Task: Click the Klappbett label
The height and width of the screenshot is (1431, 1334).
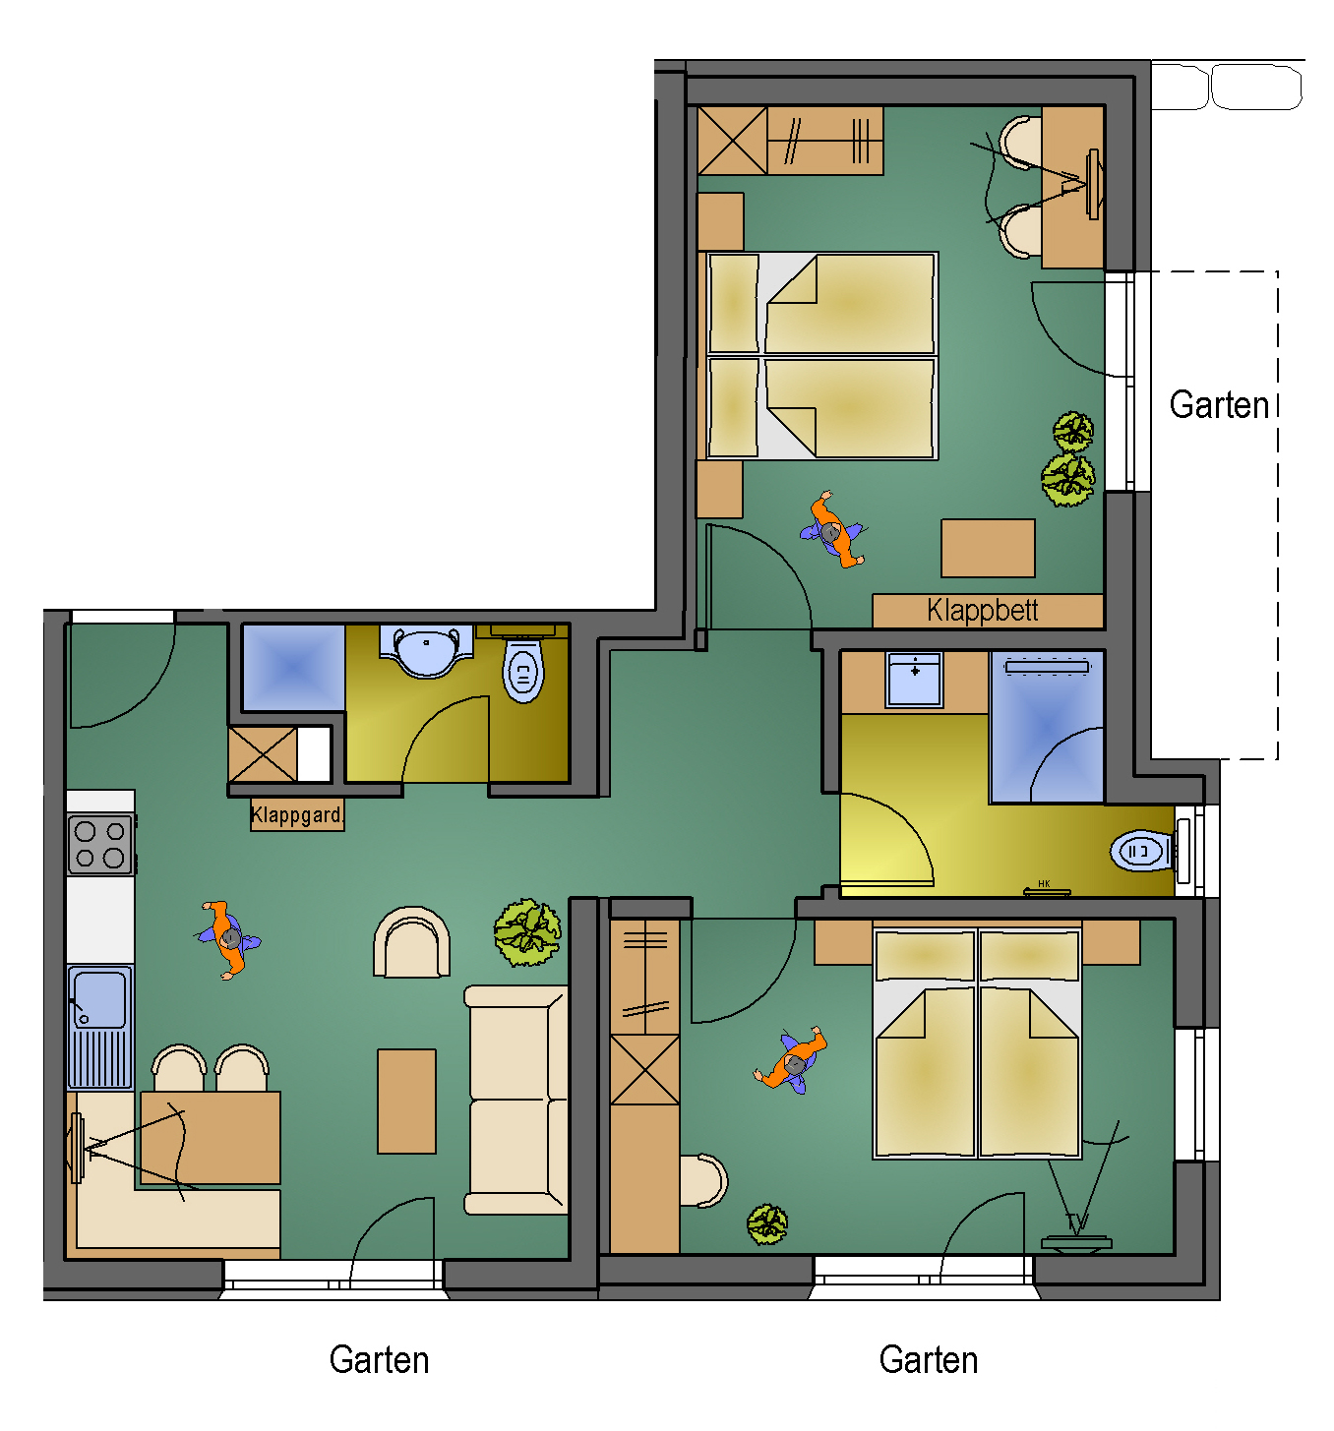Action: click(982, 611)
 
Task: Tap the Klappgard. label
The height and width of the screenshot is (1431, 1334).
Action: click(296, 815)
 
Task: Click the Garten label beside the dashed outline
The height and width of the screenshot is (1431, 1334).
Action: click(1219, 404)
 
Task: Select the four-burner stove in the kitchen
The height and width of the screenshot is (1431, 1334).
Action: click(100, 845)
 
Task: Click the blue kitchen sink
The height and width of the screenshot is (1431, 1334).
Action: click(100, 1026)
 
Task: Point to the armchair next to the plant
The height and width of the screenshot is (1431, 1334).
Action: click(412, 942)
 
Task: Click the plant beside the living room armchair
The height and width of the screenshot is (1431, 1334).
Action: click(527, 931)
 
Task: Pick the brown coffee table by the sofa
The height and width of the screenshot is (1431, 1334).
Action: click(406, 1101)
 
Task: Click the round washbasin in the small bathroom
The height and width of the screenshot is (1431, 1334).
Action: click(426, 650)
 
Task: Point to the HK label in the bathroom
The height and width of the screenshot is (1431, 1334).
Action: click(1044, 883)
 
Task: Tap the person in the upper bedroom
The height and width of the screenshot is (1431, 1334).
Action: click(832, 530)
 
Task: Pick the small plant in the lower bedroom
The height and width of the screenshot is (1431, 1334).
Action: click(766, 1223)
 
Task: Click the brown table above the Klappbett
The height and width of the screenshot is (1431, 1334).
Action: click(988, 549)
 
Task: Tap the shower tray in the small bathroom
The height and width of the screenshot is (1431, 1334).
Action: click(293, 668)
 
